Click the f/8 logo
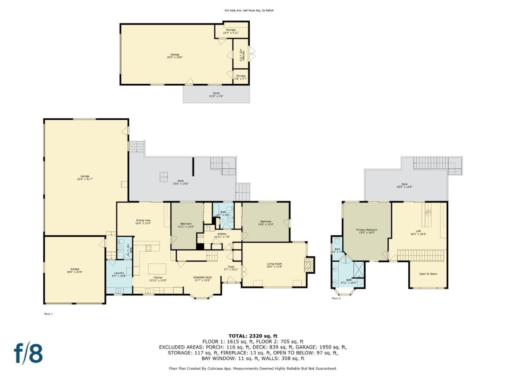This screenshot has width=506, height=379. coord(28,353)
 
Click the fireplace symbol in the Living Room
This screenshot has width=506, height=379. coord(309,265)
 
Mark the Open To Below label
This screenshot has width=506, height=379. coord(428,274)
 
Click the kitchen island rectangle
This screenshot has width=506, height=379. coord(157,269)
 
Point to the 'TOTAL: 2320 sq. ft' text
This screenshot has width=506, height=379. coord(253,336)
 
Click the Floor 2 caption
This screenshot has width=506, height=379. coord(336,298)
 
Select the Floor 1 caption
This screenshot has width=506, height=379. coord(48,314)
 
